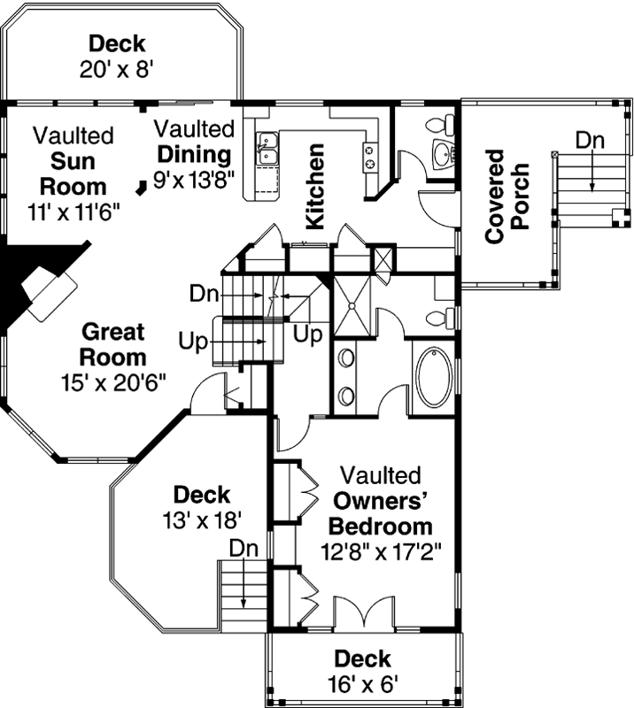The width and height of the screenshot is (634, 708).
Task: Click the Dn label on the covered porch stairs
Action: pyautogui.click(x=591, y=139)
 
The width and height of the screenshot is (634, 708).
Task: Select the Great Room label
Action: pyautogui.click(x=112, y=345)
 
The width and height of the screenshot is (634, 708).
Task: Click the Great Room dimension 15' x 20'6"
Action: pyautogui.click(x=112, y=381)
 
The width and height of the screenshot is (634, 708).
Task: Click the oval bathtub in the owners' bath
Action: pyautogui.click(x=434, y=378)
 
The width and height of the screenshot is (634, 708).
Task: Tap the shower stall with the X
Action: pyautogui.click(x=353, y=304)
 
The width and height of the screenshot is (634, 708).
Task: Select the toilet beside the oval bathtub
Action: pyautogui.click(x=439, y=317)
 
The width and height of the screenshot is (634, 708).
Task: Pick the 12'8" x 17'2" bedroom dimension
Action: pyautogui.click(x=381, y=549)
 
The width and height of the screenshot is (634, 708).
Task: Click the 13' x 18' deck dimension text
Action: pyautogui.click(x=202, y=519)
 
